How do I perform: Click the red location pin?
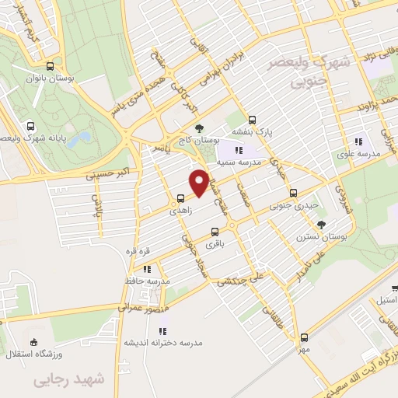coord(199,183)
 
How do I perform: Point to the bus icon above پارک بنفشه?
coord(252,120)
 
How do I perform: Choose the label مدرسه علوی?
coord(358,154)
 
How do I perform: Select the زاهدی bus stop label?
coord(180,210)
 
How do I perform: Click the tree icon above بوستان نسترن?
coord(322,225)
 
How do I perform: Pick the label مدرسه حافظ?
coord(146,279)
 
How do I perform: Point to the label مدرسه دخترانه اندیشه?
coord(162,342)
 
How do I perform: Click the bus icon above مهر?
coord(303,337)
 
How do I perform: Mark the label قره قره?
coord(138,251)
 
